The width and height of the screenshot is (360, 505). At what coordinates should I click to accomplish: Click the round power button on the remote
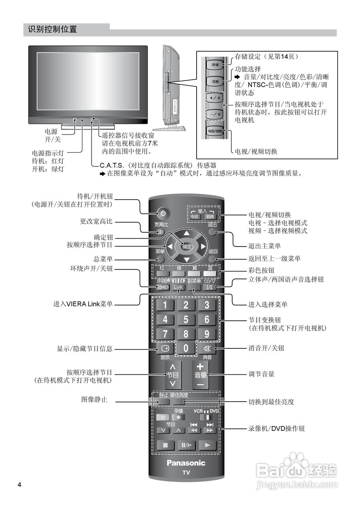163,213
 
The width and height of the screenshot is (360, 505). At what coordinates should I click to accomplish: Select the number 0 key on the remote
186,348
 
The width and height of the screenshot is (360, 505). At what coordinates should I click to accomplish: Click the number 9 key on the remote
206,334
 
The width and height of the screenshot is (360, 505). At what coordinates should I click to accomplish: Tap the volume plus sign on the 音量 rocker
200,367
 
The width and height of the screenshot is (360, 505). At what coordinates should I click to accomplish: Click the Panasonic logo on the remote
186,463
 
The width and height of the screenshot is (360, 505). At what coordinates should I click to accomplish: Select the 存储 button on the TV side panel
215,64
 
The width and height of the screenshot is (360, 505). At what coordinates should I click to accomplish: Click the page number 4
19,484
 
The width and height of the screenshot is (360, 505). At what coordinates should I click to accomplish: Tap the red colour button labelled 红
161,273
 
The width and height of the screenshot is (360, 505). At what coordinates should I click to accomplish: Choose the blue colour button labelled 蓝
210,273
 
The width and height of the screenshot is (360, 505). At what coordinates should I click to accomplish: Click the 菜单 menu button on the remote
160,259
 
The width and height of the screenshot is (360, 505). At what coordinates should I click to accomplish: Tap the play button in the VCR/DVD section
207,445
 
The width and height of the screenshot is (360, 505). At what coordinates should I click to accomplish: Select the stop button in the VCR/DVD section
165,445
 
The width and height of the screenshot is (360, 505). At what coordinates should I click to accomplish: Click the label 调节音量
261,374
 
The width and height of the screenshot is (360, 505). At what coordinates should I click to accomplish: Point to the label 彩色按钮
261,271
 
